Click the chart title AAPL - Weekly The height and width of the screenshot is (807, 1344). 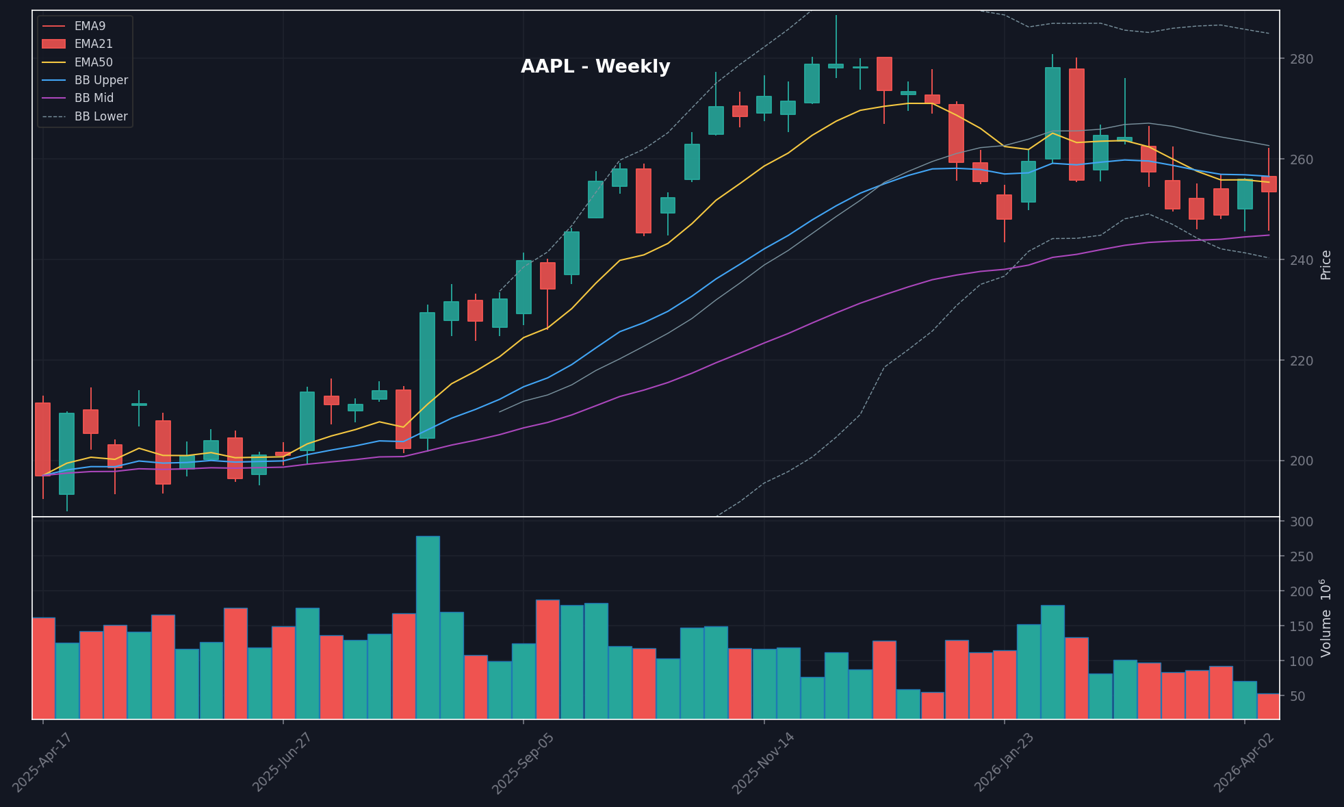pyautogui.click(x=595, y=66)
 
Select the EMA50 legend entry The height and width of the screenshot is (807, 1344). pyautogui.click(x=93, y=62)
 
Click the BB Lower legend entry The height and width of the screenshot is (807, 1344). pyautogui.click(x=101, y=116)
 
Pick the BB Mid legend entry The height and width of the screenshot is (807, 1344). pyautogui.click(x=94, y=98)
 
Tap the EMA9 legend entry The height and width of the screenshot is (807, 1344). pyautogui.click(x=90, y=26)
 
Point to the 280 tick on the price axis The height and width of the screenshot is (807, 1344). pyautogui.click(x=1302, y=59)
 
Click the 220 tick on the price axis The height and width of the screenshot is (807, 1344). pyautogui.click(x=1302, y=361)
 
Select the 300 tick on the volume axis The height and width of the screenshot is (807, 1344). pyautogui.click(x=1302, y=522)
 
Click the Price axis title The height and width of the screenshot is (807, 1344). pyautogui.click(x=1326, y=265)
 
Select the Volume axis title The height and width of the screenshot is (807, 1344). pyautogui.click(x=1326, y=618)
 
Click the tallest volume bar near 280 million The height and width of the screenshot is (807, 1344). pyautogui.click(x=428, y=627)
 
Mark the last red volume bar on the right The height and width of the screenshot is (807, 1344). pyautogui.click(x=1269, y=706)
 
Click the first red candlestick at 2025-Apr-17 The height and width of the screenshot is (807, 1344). pyautogui.click(x=42, y=439)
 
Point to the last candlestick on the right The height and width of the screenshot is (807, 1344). pyautogui.click(x=1269, y=184)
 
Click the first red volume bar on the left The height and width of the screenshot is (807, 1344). pyautogui.click(x=44, y=668)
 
